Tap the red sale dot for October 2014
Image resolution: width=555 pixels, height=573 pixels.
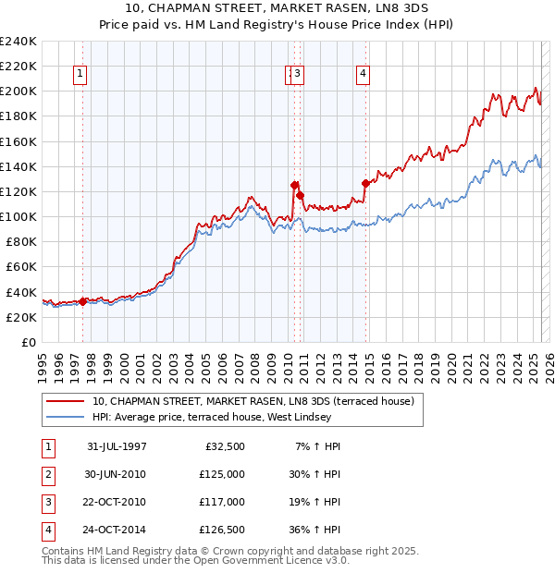click(x=365, y=183)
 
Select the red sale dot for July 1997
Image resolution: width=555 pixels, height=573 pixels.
click(x=83, y=300)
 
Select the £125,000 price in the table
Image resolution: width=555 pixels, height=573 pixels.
click(x=222, y=474)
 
